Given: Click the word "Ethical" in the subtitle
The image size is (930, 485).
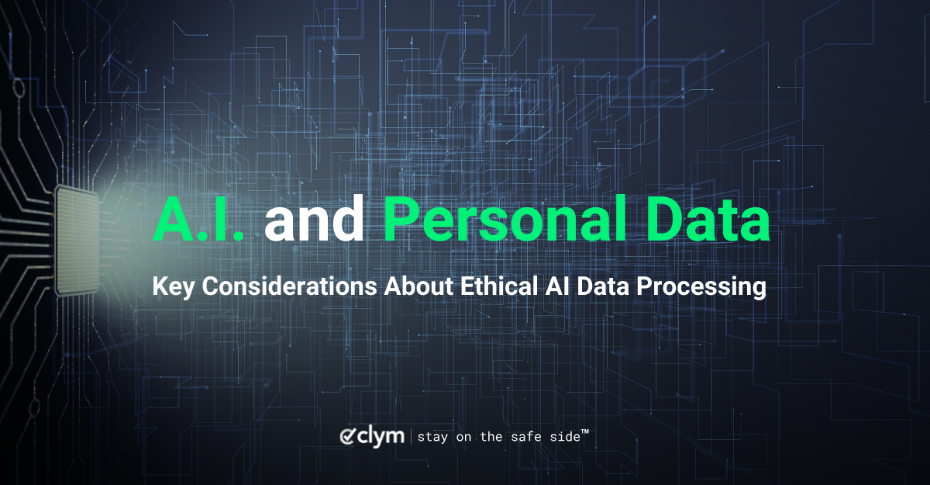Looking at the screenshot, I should coord(498,286).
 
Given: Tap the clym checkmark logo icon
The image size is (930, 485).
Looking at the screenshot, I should coord(348,436).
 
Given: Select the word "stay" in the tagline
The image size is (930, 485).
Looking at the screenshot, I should coord(433,437).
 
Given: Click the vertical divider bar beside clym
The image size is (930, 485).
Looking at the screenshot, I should coord(411,436).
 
